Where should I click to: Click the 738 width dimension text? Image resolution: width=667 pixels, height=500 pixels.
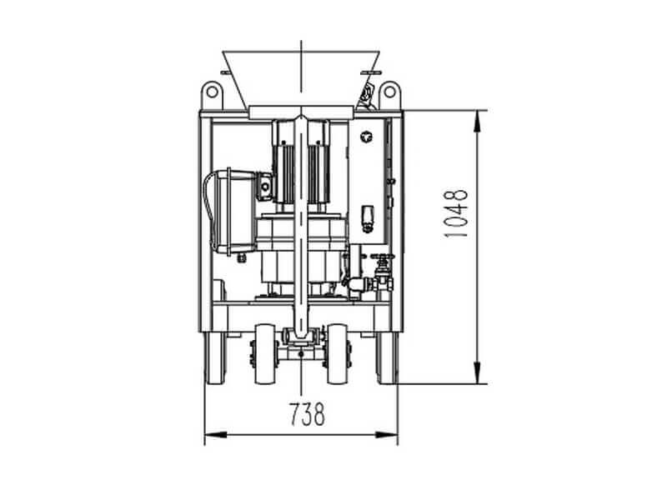coord(308,414)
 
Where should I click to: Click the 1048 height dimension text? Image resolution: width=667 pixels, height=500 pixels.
coord(455,212)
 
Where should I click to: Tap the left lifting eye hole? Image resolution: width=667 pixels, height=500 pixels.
coord(212,92)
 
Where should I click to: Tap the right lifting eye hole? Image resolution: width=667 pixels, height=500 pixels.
coord(389,92)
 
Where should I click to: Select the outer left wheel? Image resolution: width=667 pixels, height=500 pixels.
coord(216,357)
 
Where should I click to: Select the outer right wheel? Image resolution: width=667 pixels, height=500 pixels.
coord(388,357)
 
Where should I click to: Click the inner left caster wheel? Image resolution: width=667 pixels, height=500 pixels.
coord(264,353)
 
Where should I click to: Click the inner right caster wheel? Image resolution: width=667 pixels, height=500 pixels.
coord(338,353)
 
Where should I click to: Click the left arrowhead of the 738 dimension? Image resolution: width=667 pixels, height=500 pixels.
coord(216,434)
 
